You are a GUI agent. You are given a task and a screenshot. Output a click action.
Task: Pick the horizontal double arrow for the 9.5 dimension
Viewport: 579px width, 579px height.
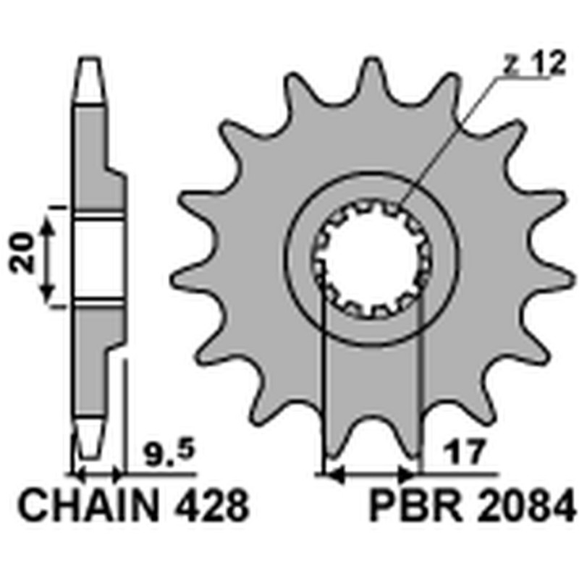98,476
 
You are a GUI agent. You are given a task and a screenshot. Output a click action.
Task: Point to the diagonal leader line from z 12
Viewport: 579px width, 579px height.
449,138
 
